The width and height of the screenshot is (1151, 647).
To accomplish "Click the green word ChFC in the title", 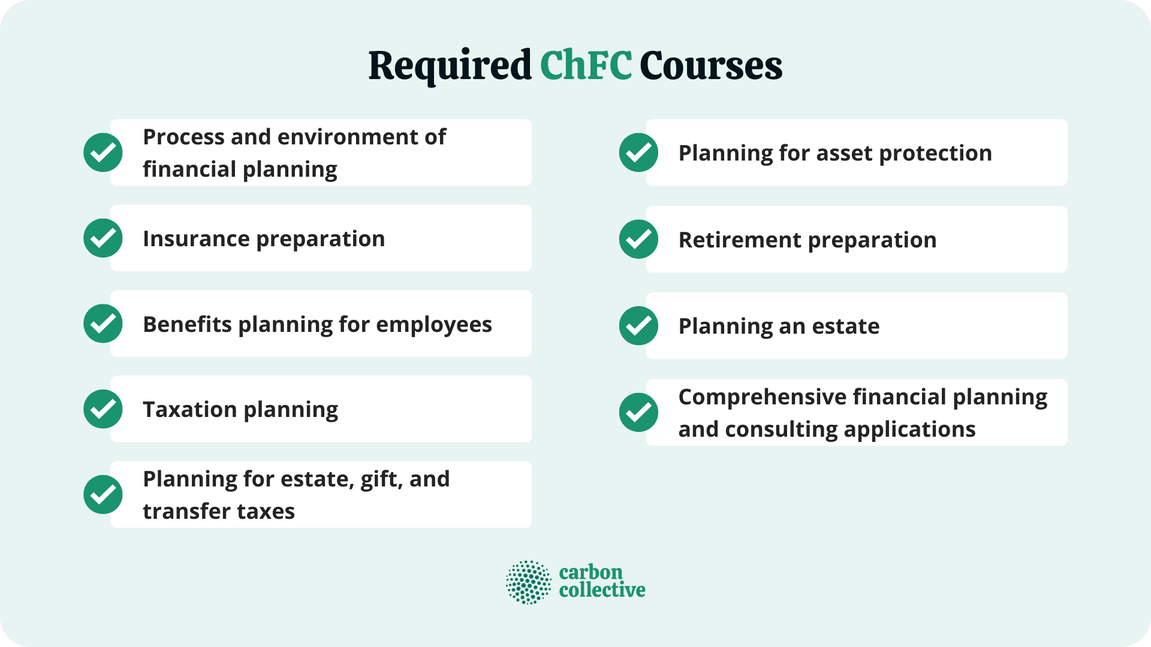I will click(x=586, y=65).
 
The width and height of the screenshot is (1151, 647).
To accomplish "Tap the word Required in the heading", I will click(x=450, y=65).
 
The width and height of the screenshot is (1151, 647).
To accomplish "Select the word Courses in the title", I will click(x=711, y=65).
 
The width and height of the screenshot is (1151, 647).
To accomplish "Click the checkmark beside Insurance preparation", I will click(x=103, y=238).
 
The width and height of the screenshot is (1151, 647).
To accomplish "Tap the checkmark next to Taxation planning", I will click(x=103, y=409).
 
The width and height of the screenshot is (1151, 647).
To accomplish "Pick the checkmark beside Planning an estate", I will click(x=638, y=326).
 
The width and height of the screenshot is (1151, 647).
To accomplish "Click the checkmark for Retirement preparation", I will click(x=638, y=240).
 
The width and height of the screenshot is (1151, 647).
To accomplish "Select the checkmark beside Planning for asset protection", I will click(x=638, y=153).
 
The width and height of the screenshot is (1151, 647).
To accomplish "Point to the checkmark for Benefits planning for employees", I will click(x=103, y=324).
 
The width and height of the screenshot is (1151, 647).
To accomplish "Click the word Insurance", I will click(x=196, y=239).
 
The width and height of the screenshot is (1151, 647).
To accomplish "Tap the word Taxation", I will click(x=190, y=410).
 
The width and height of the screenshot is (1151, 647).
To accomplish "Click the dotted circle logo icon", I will click(x=528, y=582).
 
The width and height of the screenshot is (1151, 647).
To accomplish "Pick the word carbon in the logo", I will click(x=590, y=573).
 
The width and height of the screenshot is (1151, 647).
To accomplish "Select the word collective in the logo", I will click(x=602, y=590).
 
